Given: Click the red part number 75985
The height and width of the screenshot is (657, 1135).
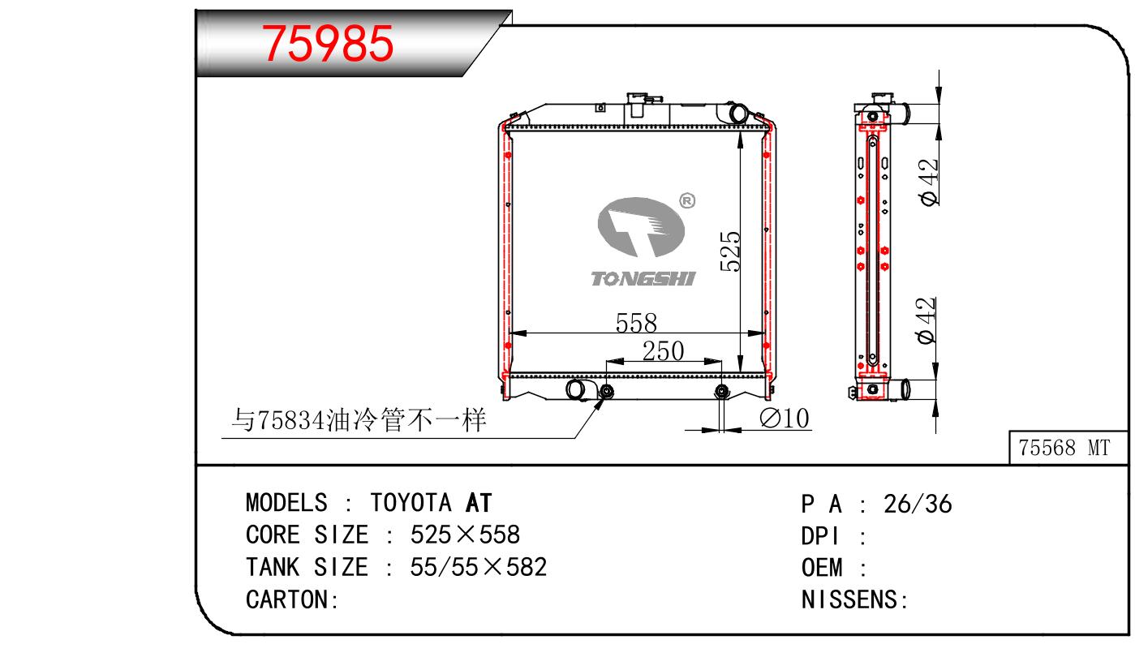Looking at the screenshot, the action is coord(327,43).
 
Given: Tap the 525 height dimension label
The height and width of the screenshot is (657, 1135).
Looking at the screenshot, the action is coord(730,251).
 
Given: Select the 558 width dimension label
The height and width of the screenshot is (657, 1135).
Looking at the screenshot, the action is coord(636,323).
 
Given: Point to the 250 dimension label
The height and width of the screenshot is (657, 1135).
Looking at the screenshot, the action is coord(664,350).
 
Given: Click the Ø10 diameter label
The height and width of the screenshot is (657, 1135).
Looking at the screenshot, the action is coord(785,419).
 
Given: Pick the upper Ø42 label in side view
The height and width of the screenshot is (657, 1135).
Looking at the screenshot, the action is coord(929,182).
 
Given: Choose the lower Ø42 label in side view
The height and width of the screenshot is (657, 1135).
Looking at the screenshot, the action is coord(926,320).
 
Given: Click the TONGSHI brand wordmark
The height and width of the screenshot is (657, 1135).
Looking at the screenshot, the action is coord(643,278).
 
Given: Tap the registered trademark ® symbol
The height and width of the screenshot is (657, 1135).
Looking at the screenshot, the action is coord(687,201).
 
